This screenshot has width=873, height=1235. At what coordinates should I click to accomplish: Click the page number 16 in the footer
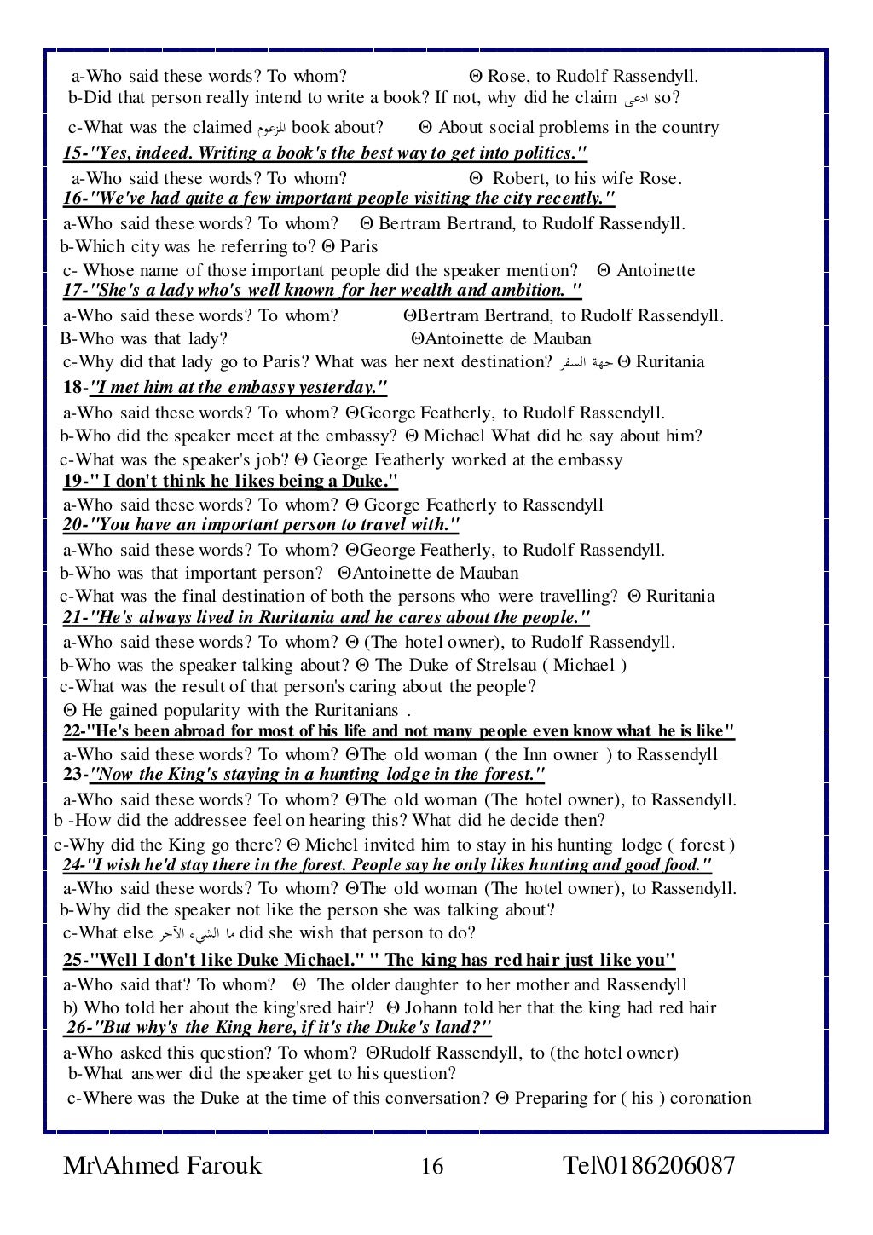point(432,1166)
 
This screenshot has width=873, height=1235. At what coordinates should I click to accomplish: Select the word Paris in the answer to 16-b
point(359,247)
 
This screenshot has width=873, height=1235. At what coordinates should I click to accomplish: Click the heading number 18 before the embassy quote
point(72,388)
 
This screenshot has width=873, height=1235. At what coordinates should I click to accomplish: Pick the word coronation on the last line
point(711,1098)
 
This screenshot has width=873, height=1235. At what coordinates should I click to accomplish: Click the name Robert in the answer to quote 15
point(519,179)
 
